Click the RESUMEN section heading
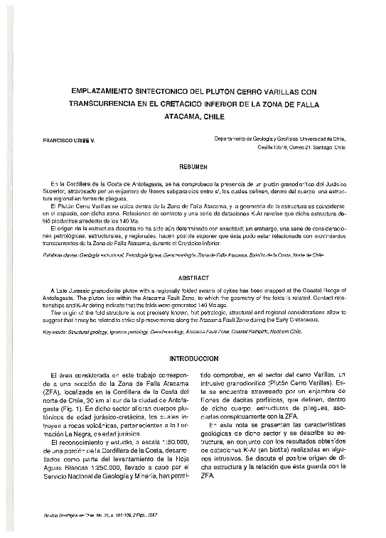pos(193,166)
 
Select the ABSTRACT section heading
pos(193,279)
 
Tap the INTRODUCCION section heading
pos(193,359)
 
